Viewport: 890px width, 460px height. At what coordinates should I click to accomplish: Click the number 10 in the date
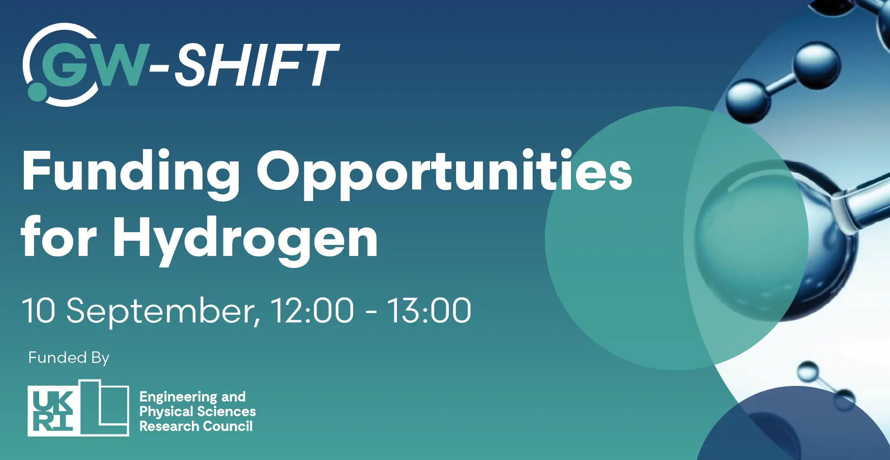(39, 311)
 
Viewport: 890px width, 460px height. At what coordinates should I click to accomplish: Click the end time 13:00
(429, 311)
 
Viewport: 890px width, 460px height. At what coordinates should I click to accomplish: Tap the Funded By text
(69, 358)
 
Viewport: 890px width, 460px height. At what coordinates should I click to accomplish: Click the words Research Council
(196, 426)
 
